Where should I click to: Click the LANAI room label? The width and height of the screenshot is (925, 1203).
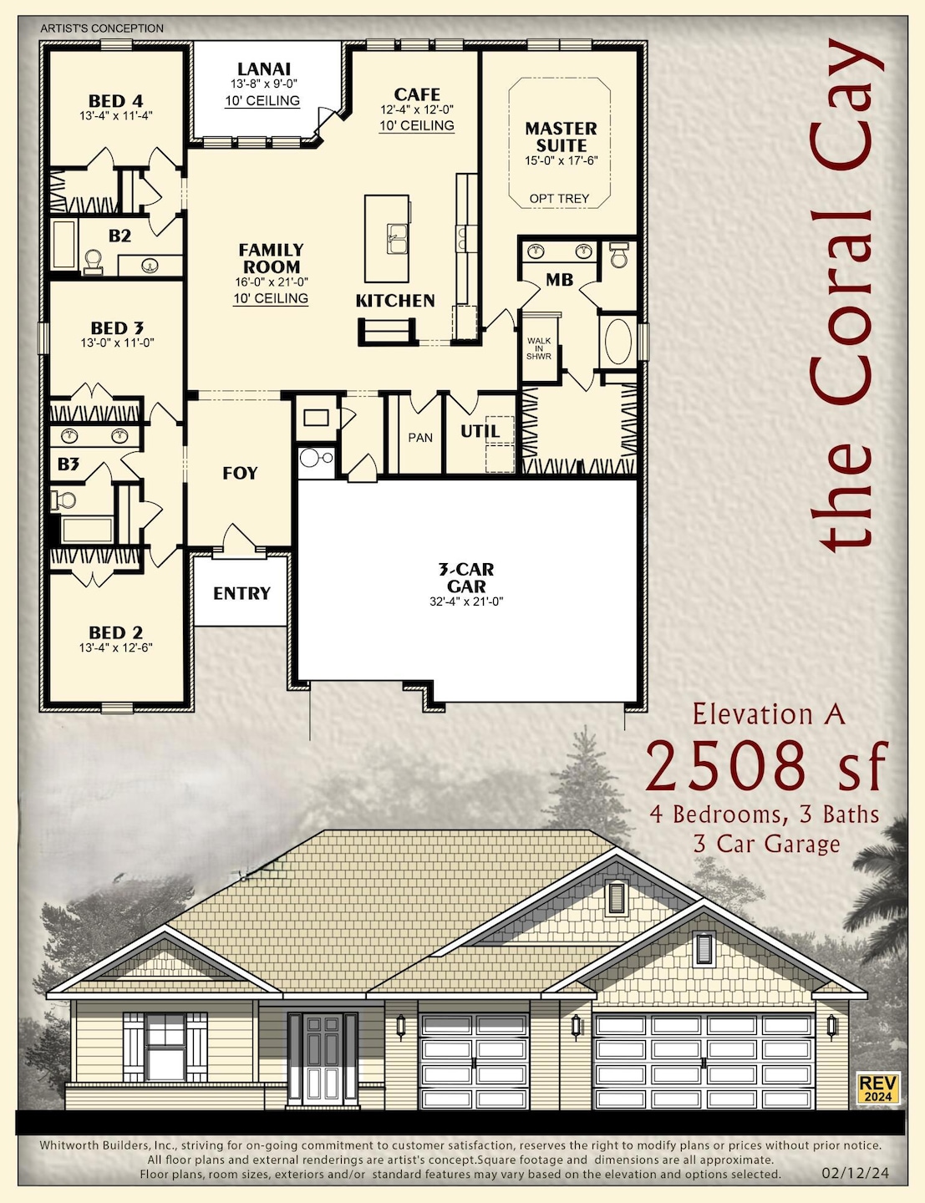(x=263, y=69)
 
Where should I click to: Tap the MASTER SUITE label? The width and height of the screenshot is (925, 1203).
(x=561, y=137)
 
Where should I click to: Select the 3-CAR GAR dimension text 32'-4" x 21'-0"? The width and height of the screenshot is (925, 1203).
(x=466, y=601)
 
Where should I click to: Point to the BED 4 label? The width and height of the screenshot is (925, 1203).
(x=115, y=101)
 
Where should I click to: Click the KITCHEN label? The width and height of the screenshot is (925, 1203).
(x=395, y=301)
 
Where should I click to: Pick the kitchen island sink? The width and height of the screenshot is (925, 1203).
(x=396, y=238)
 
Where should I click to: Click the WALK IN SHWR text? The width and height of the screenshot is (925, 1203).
(x=539, y=348)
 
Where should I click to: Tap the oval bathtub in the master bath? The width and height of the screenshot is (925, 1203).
(x=618, y=341)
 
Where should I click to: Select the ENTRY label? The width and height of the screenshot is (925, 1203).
(x=241, y=594)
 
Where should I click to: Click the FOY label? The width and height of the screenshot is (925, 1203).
(x=240, y=474)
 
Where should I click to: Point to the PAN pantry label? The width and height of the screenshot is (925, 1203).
(x=420, y=438)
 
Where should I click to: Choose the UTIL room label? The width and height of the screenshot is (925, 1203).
(x=480, y=432)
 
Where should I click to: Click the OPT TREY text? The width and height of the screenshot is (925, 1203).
(x=559, y=199)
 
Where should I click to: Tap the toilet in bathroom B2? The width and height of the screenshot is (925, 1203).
(x=93, y=262)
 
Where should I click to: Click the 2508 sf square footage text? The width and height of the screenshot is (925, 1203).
(x=764, y=766)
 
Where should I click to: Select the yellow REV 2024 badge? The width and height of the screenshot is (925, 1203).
(x=877, y=1088)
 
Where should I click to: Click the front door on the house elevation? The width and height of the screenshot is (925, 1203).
(x=322, y=1058)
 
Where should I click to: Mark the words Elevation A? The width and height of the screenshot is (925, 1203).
(x=769, y=715)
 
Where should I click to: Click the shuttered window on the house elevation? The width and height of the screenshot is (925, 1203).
(x=165, y=1047)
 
